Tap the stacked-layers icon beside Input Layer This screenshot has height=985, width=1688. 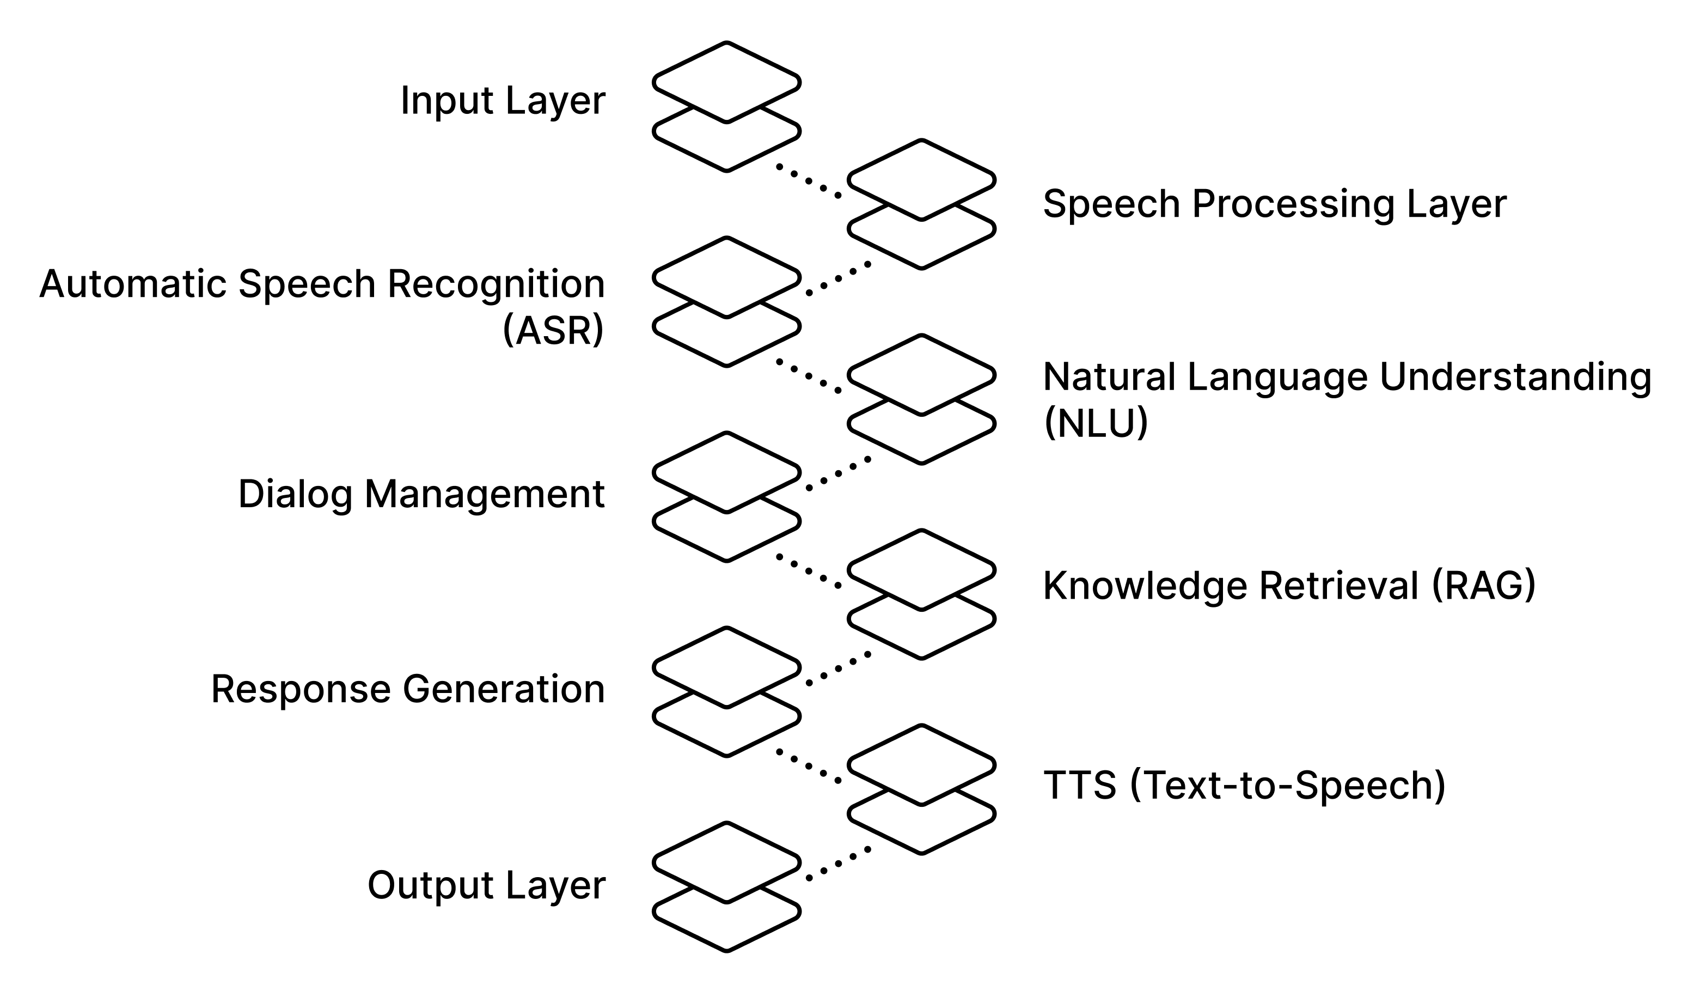[727, 107]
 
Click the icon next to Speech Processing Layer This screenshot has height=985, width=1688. [922, 204]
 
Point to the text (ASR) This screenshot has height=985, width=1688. [553, 330]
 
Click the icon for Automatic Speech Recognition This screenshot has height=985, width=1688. [727, 301]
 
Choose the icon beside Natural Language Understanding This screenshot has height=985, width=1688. [922, 399]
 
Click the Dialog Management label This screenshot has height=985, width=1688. [421, 495]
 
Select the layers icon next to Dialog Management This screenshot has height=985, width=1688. [727, 496]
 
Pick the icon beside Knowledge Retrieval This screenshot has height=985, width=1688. [922, 594]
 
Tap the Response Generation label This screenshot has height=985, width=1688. [408, 690]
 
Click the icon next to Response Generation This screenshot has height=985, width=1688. [727, 691]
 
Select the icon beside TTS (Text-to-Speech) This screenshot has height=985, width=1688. [922, 789]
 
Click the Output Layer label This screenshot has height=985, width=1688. [486, 886]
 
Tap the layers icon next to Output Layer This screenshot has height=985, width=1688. [727, 886]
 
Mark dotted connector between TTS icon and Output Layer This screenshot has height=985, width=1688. [837, 864]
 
